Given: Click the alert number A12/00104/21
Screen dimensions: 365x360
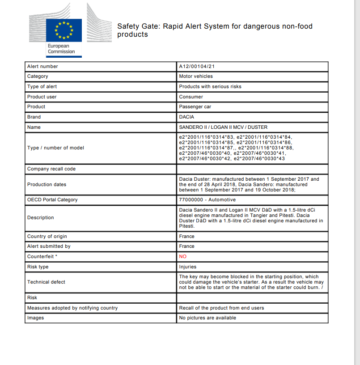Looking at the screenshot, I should click(x=198, y=67).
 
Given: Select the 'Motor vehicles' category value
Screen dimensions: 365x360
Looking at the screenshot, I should click(x=196, y=76).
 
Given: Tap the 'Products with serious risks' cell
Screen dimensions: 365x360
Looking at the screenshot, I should click(x=210, y=87).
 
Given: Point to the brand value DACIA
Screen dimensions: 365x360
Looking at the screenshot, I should click(x=186, y=117).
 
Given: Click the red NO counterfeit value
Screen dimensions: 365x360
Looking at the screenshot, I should click(x=182, y=257).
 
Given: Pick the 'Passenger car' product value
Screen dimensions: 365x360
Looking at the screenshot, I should click(x=195, y=107).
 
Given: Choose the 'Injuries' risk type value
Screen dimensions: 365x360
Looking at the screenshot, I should click(x=187, y=267).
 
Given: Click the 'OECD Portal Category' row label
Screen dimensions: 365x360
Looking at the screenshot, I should click(x=52, y=200).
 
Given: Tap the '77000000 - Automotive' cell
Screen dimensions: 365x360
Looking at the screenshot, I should click(x=207, y=200).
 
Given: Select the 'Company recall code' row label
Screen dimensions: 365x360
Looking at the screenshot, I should click(x=51, y=169).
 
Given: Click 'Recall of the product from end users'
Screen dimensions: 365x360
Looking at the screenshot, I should click(x=221, y=308).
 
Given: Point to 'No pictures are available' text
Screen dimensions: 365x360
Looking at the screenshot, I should click(x=208, y=318).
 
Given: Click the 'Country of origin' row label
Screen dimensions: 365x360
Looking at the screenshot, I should click(x=47, y=237).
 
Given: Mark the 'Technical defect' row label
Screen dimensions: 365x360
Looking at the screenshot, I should click(x=46, y=282).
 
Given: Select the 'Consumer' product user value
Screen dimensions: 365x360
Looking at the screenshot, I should click(x=191, y=97).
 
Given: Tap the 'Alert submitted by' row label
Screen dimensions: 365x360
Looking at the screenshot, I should click(x=49, y=246).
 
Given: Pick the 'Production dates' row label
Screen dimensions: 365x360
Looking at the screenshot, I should click(x=47, y=184).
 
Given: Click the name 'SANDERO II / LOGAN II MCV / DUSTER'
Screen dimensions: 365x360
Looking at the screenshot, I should click(x=223, y=127).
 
